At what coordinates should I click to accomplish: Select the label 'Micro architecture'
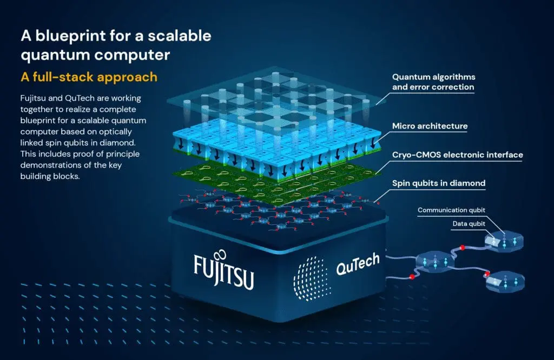[430, 126]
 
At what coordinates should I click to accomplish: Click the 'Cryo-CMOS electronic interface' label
[457, 155]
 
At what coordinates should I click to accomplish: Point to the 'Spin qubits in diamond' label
[438, 183]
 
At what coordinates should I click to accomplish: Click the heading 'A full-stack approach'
[89, 77]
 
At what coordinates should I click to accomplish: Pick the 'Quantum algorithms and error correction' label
[433, 82]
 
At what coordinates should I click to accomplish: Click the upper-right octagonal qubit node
[505, 242]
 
